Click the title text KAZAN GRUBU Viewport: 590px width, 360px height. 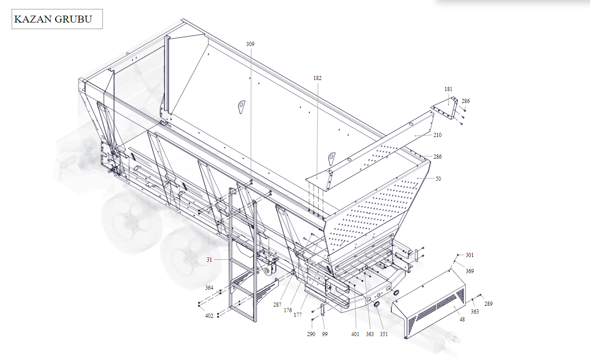coord(53,19)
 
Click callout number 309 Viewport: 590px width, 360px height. coord(250,44)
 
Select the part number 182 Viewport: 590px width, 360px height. coord(317,78)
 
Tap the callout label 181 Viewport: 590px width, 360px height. coord(448,89)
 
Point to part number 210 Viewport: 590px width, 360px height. coord(437,135)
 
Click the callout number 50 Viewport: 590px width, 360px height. coord(438,179)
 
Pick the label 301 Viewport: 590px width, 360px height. coord(470,255)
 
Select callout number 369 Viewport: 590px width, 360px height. coord(470,271)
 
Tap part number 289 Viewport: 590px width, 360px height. coord(488,303)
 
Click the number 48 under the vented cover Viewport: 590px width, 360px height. coord(462,320)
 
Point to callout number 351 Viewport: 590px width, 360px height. coord(384,334)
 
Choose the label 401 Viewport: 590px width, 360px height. coord(355,334)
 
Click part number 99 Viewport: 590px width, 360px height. coord(325,334)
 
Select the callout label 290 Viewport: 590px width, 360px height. coord(311,334)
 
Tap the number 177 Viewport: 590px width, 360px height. coord(298,314)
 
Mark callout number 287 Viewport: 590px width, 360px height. coord(277,305)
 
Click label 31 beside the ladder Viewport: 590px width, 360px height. coord(209,260)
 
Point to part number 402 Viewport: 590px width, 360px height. coord(209,316)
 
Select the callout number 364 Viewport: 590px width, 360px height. coord(209,287)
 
